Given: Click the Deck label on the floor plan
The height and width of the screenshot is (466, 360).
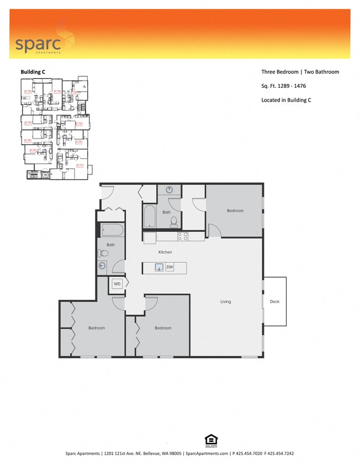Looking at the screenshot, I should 274,301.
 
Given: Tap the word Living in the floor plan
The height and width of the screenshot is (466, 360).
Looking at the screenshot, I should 225,301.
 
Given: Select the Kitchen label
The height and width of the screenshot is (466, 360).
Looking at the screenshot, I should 165,252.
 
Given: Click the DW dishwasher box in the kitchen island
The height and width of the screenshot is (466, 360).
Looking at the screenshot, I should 170,268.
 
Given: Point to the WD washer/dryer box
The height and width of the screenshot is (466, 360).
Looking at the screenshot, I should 117,284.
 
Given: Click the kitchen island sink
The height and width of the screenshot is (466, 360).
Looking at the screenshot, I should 158,268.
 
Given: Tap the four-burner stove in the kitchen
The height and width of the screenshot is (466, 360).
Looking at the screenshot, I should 183,237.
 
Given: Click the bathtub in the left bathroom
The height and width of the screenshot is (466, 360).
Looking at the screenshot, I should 112,229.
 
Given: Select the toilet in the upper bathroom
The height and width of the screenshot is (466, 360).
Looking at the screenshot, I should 173,222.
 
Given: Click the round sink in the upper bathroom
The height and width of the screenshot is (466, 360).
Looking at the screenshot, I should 170,190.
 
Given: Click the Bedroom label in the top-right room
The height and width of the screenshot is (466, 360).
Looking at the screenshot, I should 235,210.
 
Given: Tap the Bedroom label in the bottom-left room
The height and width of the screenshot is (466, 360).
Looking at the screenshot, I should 97,328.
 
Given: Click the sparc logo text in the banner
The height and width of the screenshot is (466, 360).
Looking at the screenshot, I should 34,44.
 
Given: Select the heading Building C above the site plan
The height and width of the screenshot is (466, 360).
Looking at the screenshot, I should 33,72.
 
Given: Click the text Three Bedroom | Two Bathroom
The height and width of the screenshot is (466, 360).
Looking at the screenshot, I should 300,72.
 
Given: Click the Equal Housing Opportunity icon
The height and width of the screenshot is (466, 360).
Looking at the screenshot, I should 210,439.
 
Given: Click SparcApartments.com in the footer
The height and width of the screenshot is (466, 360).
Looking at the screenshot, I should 207,453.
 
